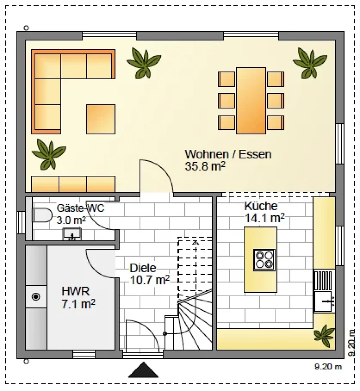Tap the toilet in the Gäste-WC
pos(42,215)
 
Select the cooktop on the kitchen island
pos(264,260)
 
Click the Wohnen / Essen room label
pos(228,154)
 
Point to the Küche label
pos(261,206)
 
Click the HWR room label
pos(75,291)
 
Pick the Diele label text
pos(143,268)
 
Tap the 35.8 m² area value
pos(205,166)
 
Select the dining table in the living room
pos(251,100)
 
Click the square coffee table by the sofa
pos(101,119)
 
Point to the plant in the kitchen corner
pos(324,336)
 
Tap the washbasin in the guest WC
pos(72,234)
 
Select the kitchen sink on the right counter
pos(324,301)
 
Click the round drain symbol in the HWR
pos(36,297)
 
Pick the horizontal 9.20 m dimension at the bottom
pos(328,367)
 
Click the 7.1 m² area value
pos(78,304)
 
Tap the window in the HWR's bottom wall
pos(84,354)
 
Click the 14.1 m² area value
pos(265,218)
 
